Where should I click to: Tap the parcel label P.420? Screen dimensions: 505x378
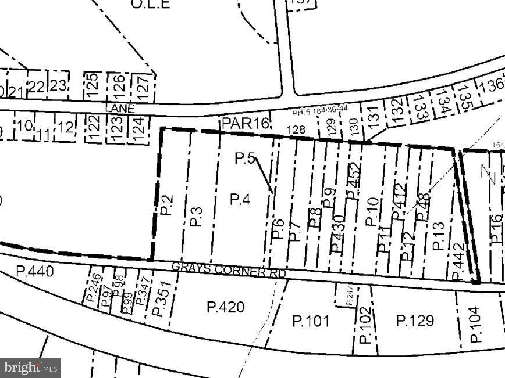pyautogui.click(x=226, y=307)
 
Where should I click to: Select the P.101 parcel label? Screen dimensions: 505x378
pyautogui.click(x=311, y=321)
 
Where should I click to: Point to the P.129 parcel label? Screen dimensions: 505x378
pyautogui.click(x=415, y=321)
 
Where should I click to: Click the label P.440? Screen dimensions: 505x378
pyautogui.click(x=34, y=271)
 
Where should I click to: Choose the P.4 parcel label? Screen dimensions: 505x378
pyautogui.click(x=240, y=199)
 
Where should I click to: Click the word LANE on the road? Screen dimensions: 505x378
pyautogui.click(x=120, y=109)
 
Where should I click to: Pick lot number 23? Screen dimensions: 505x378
pyautogui.click(x=57, y=85)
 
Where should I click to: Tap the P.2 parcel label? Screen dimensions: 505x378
pyautogui.click(x=167, y=203)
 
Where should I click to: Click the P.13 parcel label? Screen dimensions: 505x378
pyautogui.click(x=439, y=236)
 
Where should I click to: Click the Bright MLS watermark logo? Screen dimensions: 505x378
pyautogui.click(x=31, y=368)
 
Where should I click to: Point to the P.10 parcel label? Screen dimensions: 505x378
pyautogui.click(x=371, y=211)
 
